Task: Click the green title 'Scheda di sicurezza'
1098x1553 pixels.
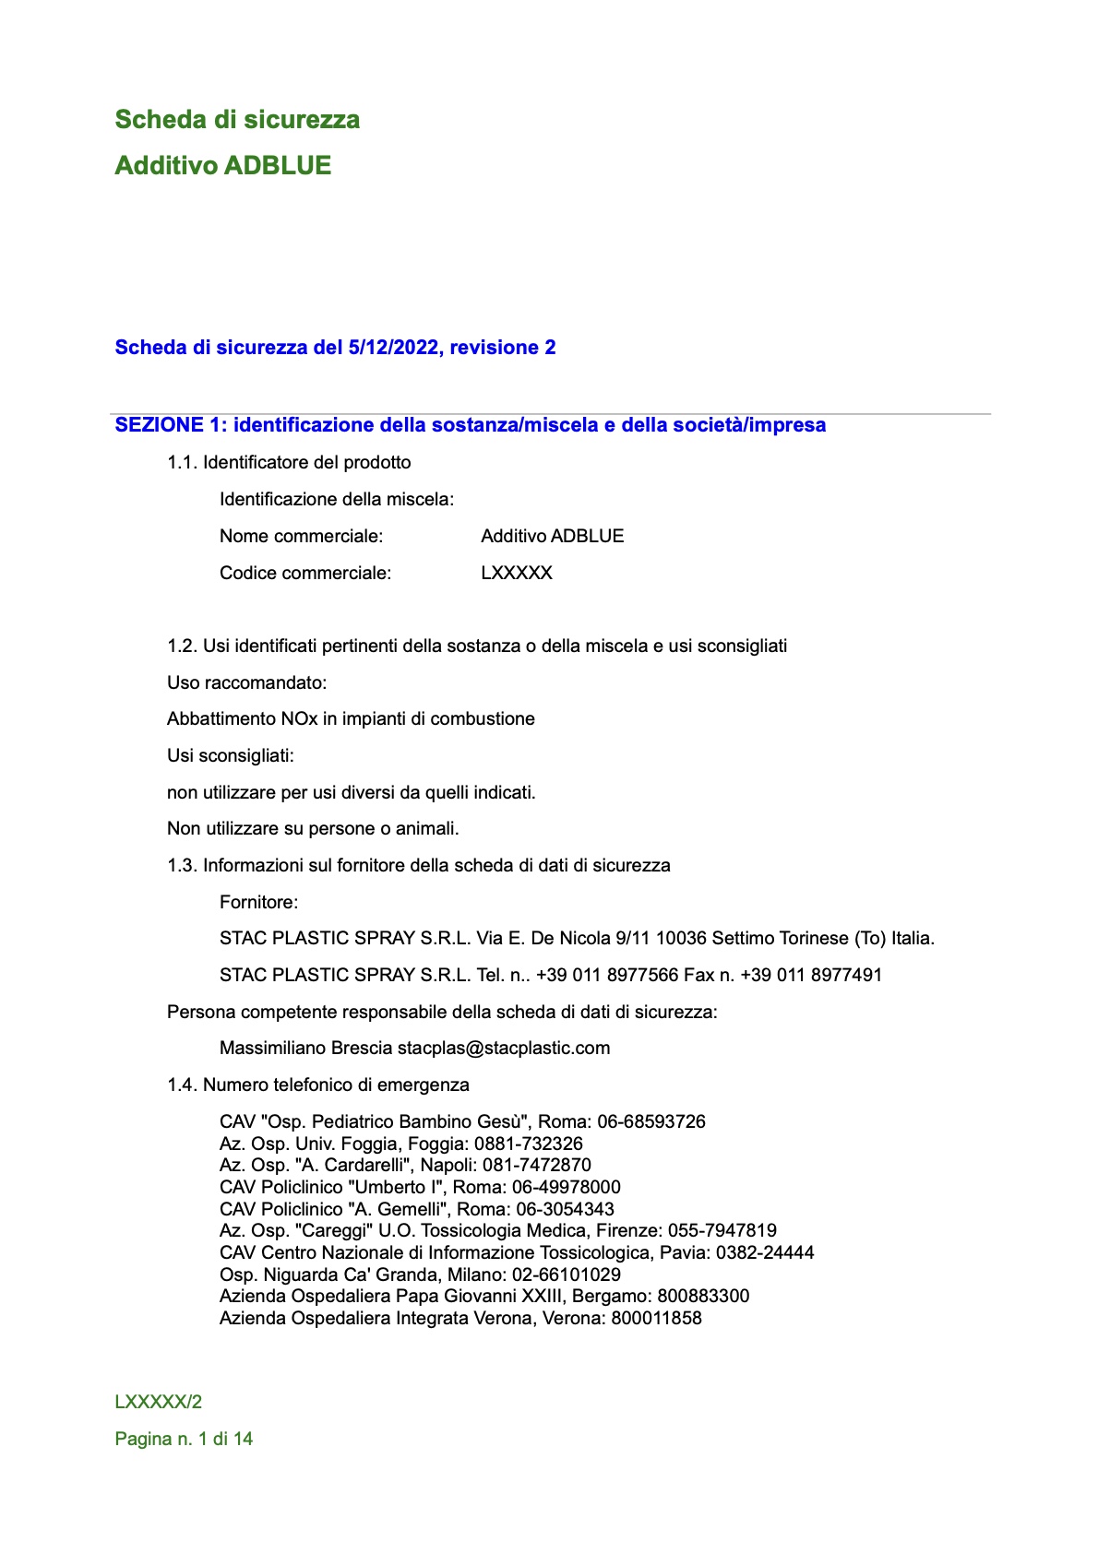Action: click(237, 120)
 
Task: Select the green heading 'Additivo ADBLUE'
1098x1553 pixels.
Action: click(222, 166)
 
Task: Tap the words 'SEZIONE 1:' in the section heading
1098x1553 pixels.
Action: click(171, 425)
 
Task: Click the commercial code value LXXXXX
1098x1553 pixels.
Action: click(517, 573)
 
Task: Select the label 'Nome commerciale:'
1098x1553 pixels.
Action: click(301, 536)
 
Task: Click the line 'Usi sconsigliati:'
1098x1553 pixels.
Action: click(231, 755)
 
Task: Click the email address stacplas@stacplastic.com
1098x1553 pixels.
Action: click(504, 1048)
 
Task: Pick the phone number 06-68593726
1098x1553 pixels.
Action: click(651, 1121)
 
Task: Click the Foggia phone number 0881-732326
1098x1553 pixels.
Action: click(529, 1144)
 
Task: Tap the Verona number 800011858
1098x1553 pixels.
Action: click(656, 1318)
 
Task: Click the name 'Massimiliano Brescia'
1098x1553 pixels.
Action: click(305, 1048)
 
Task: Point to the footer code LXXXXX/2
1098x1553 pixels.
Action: click(159, 1402)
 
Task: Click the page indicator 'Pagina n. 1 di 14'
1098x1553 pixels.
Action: click(184, 1439)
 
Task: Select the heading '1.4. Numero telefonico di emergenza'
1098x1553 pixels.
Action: click(318, 1085)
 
